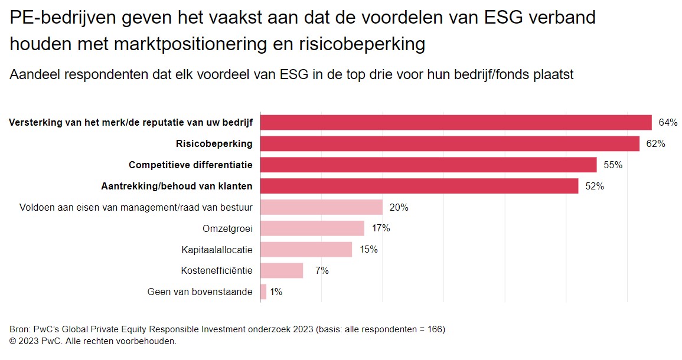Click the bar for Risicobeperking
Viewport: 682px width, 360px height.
click(x=449, y=143)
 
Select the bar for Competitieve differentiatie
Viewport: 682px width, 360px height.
click(x=428, y=165)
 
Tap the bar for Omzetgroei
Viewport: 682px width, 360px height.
click(x=312, y=228)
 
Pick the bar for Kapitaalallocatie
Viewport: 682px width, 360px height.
click(x=306, y=250)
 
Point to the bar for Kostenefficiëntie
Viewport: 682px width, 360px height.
click(x=282, y=271)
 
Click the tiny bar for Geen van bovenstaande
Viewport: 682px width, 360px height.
click(x=263, y=292)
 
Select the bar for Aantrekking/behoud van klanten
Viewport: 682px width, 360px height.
click(x=419, y=186)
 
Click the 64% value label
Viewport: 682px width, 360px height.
click(x=668, y=123)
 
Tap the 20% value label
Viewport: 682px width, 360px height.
click(x=399, y=208)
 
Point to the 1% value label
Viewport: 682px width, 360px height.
click(x=276, y=292)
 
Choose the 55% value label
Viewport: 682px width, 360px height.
click(x=613, y=165)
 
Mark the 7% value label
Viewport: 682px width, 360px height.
click(x=322, y=271)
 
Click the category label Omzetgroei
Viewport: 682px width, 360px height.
click(x=227, y=228)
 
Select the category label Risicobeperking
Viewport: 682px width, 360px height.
click(x=214, y=143)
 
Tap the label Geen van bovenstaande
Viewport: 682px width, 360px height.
click(x=200, y=292)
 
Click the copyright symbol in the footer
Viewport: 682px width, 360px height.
click(x=14, y=341)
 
